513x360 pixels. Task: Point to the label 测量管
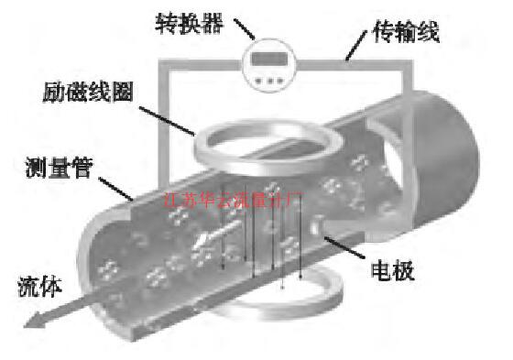tap(56, 169)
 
